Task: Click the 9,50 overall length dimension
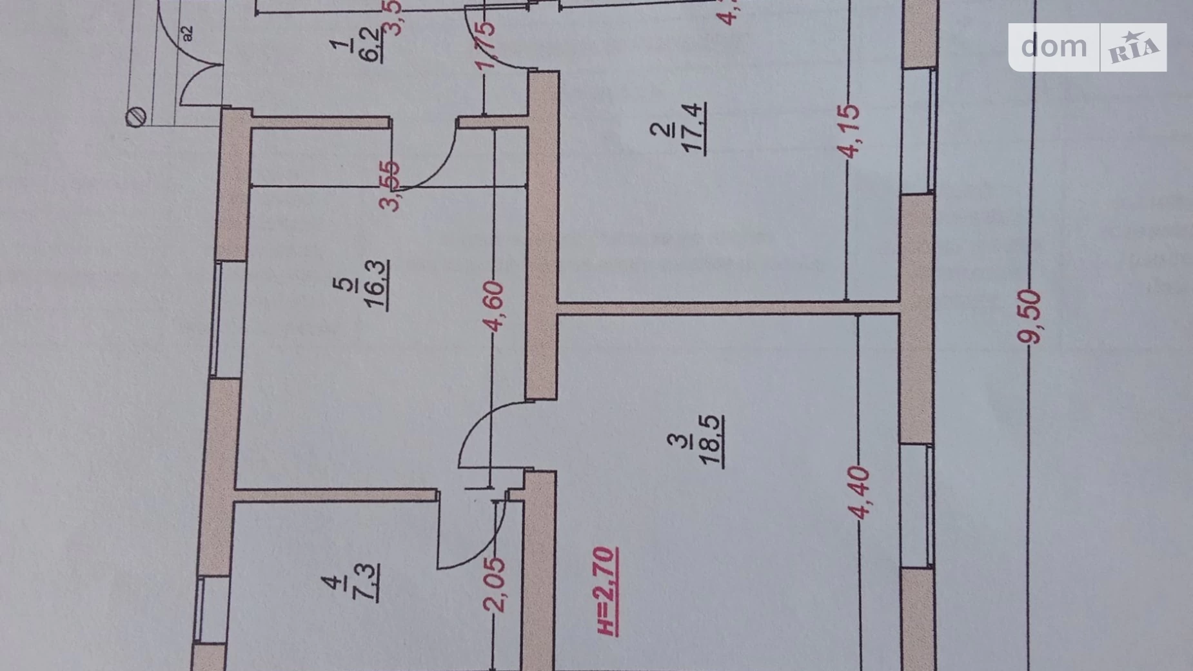pos(1030,317)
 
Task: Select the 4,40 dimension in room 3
pos(860,493)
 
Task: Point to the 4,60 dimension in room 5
pos(494,306)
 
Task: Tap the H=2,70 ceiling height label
pos(607,591)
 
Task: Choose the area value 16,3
pos(377,285)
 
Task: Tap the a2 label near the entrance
pos(187,33)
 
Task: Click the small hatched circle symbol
pos(136,117)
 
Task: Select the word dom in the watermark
pos(1054,46)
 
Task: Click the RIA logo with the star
pos(1134,48)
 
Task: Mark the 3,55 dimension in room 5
pos(391,186)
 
